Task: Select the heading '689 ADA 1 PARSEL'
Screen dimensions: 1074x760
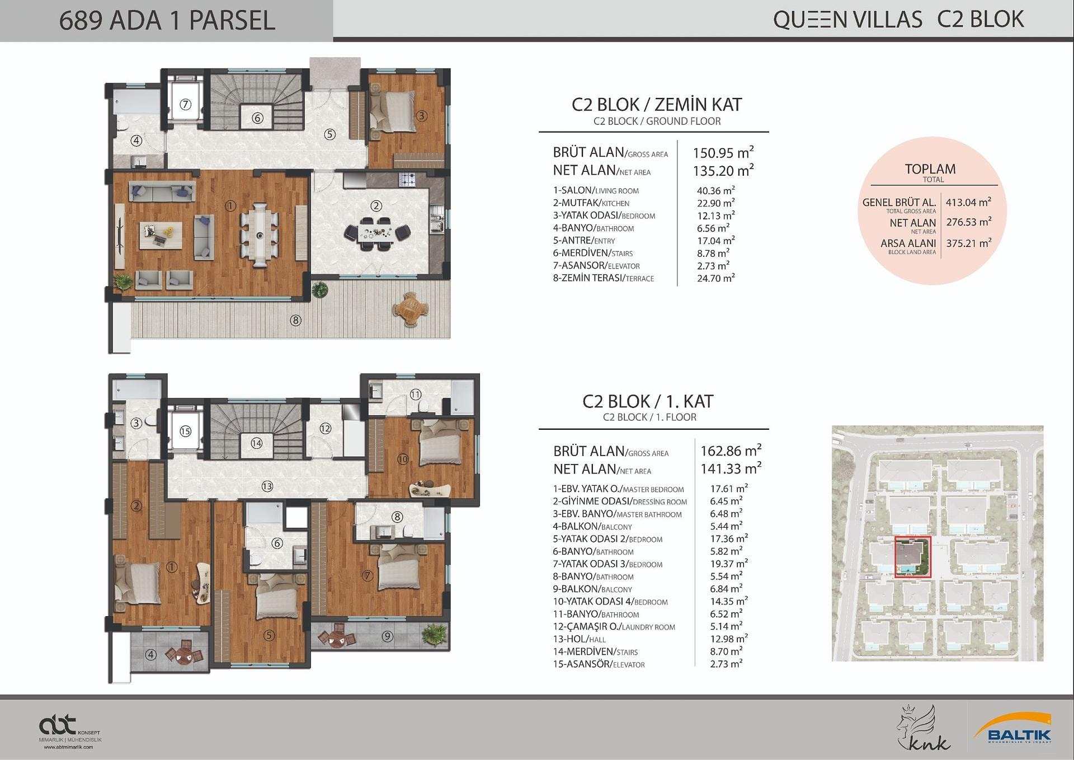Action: pos(167,21)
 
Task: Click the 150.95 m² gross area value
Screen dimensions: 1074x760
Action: pos(723,152)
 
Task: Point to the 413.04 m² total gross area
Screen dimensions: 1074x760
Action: pos(968,201)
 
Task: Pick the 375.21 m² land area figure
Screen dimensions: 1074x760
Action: pos(968,243)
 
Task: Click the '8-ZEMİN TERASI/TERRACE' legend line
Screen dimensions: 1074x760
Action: pos(603,278)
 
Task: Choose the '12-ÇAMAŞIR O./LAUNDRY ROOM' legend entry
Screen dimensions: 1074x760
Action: pos(614,627)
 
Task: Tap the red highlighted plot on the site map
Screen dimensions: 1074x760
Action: pos(913,556)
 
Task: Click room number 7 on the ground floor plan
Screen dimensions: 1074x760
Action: pos(186,104)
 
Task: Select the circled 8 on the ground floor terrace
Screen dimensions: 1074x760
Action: pos(295,320)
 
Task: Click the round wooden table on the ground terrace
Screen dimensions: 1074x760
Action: pos(411,309)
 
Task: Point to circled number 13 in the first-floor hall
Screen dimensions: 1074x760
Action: pos(267,486)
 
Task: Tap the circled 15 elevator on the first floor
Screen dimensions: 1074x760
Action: pos(185,431)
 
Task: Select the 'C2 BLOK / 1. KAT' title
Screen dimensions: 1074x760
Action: pos(648,401)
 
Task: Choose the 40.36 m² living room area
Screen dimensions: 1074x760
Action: pos(715,190)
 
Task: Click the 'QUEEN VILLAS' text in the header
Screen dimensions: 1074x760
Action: pos(847,20)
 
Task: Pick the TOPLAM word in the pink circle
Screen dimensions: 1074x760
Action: pos(930,169)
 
